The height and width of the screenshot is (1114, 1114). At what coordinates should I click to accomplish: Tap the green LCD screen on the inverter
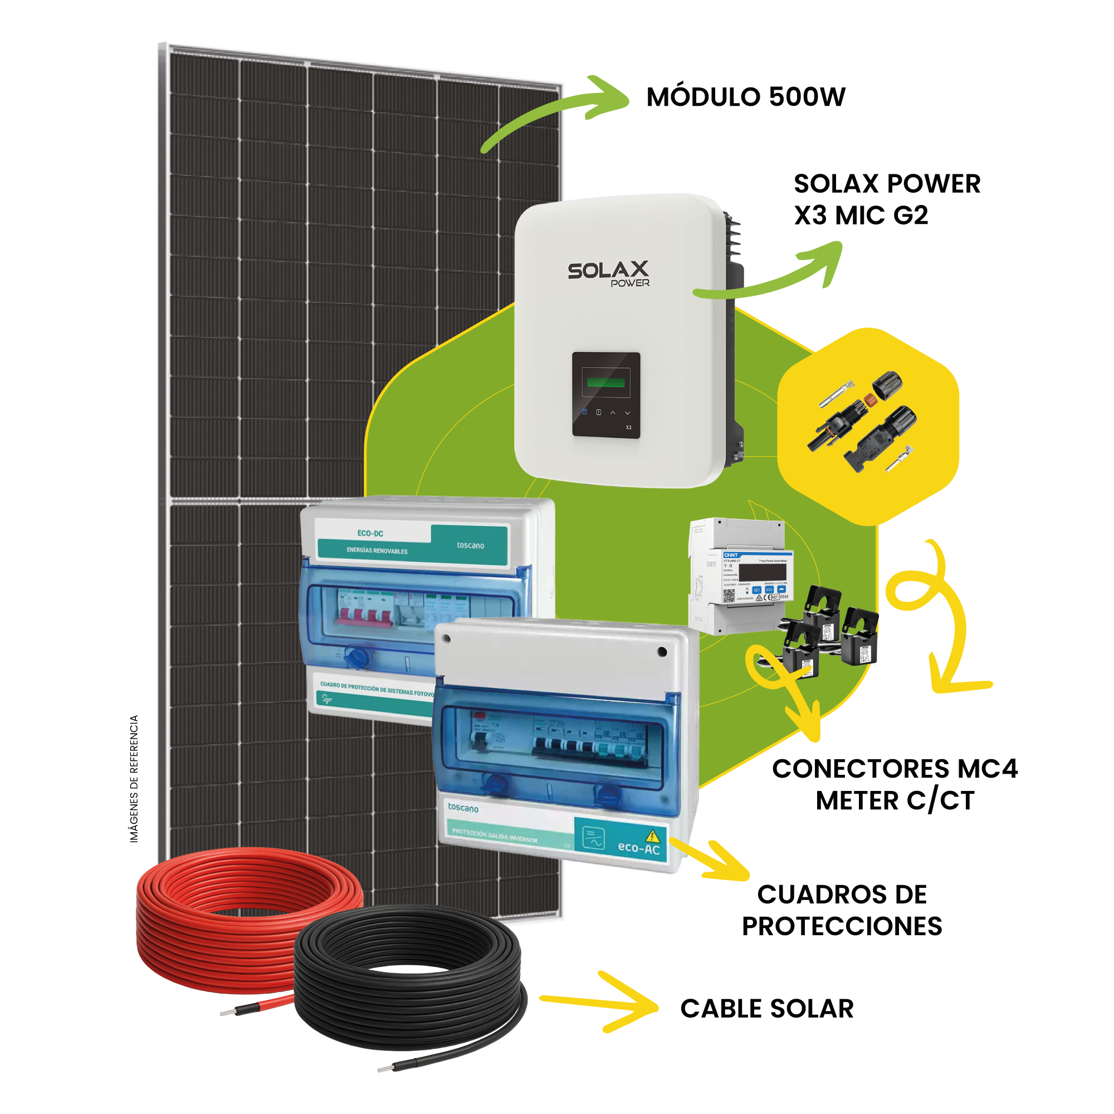point(605,381)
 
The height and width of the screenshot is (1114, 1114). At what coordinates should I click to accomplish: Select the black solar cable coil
point(410,980)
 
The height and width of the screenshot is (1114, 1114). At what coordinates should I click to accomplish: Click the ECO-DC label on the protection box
point(370,534)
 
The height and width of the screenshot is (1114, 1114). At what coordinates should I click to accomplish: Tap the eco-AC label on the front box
point(638,848)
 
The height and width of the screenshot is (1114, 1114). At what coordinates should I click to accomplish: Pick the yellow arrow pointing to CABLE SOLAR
point(600,1003)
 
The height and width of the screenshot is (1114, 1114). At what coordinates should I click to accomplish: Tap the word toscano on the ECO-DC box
point(470,545)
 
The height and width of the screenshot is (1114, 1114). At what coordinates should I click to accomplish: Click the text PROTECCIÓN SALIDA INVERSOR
point(494,836)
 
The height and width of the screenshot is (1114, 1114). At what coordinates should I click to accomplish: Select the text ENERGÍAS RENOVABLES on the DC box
point(377,551)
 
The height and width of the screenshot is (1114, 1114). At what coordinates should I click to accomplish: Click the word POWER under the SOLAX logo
point(629,283)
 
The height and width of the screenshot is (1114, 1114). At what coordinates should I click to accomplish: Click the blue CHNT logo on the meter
point(731,555)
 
